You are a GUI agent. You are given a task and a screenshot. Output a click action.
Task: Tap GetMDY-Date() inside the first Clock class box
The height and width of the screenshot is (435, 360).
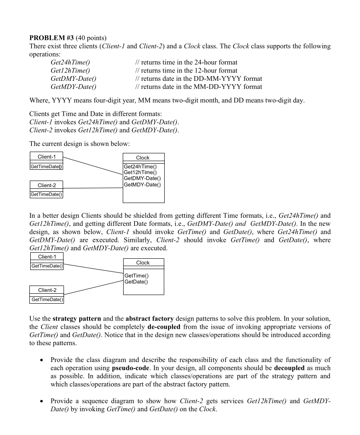142,184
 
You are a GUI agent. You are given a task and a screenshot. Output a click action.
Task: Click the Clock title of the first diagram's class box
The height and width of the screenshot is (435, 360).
143,158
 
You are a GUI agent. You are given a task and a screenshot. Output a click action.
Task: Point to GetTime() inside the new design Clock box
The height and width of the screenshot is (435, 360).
136,276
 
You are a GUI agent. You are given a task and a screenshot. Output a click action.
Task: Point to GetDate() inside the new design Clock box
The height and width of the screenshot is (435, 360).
136,282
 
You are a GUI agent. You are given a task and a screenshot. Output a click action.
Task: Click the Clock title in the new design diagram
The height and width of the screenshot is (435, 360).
143,263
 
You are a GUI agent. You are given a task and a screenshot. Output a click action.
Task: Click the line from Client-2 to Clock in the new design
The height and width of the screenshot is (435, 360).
93,288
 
